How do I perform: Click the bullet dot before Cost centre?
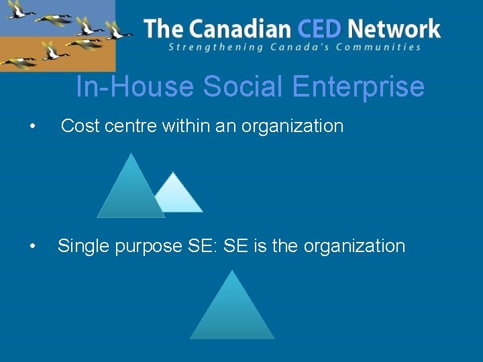coord(32,127)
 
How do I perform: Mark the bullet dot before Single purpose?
coord(32,247)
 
